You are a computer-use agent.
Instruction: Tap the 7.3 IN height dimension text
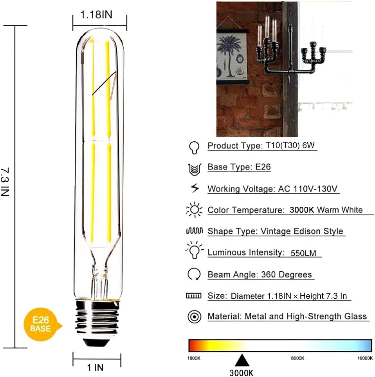(5, 182)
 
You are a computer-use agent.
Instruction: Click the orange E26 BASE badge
(40, 323)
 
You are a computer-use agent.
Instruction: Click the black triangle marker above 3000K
(242, 360)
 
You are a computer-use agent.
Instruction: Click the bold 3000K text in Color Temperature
(302, 210)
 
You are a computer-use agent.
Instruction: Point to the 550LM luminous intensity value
(304, 253)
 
